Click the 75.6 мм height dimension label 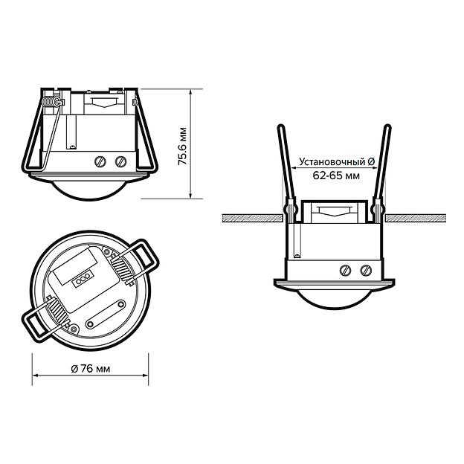pos(183,146)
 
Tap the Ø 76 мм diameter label pos(91,369)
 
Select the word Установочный pos(332,162)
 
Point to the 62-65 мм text pos(336,175)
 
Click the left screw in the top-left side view pos(100,161)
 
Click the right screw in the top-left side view pos(120,161)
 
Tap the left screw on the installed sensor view pos(345,270)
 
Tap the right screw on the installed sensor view pos(366,270)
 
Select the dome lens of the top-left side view pos(88,190)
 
